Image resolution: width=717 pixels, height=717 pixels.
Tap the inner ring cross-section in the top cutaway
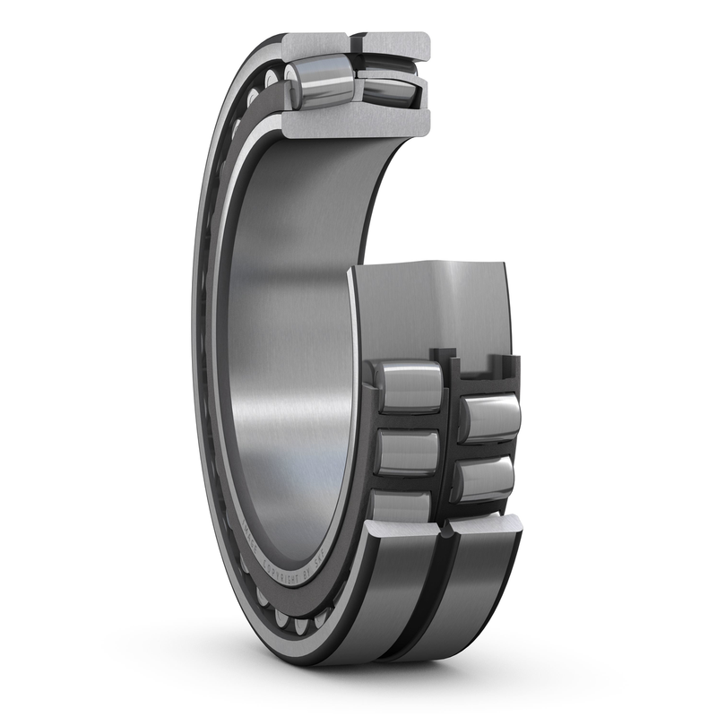tap(358, 121)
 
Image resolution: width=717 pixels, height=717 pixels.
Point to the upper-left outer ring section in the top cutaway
tap(314, 45)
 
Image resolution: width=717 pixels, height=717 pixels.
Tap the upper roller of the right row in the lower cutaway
tap(489, 418)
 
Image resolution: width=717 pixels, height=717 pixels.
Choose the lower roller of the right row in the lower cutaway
tap(485, 479)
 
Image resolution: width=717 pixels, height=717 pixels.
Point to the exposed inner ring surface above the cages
tap(430, 305)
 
